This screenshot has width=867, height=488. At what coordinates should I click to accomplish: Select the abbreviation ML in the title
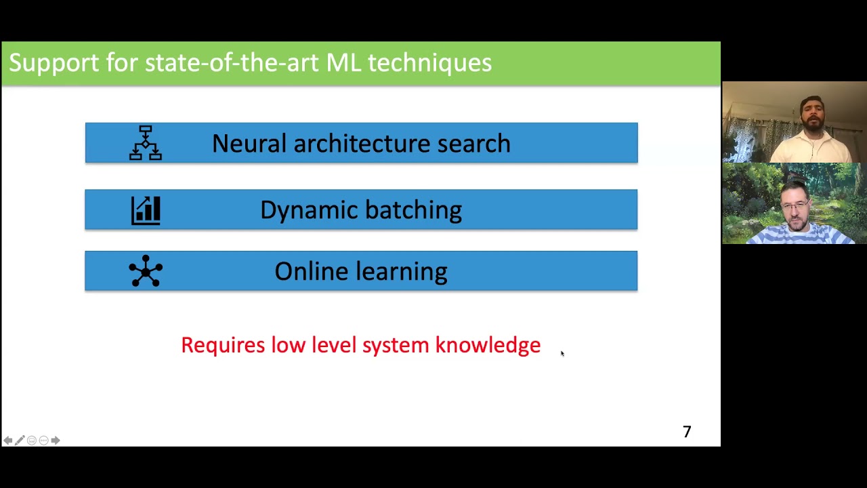(343, 62)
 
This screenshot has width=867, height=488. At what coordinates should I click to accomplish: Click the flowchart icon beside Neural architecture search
(146, 143)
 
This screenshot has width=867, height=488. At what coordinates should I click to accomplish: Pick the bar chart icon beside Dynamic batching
(146, 210)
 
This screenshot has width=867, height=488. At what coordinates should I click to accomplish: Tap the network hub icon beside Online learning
(146, 271)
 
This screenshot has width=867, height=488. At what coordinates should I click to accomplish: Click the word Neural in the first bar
(249, 144)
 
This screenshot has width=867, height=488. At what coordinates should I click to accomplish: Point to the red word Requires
(223, 346)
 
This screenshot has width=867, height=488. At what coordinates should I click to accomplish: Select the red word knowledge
(488, 345)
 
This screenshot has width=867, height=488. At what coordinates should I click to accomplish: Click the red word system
(396, 346)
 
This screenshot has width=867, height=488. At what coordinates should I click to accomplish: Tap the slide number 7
(687, 432)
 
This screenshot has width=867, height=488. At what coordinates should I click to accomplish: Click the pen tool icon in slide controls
(20, 441)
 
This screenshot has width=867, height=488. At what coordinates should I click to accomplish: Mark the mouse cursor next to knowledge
(562, 353)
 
